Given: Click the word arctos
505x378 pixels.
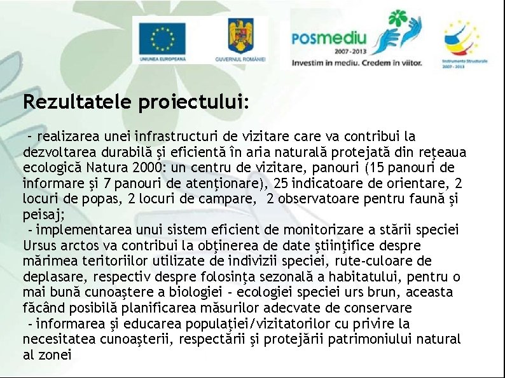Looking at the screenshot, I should (x=80, y=245).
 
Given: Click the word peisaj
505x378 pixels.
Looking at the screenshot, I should (x=40, y=215).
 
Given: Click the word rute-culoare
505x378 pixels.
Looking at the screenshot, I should (x=391, y=261).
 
